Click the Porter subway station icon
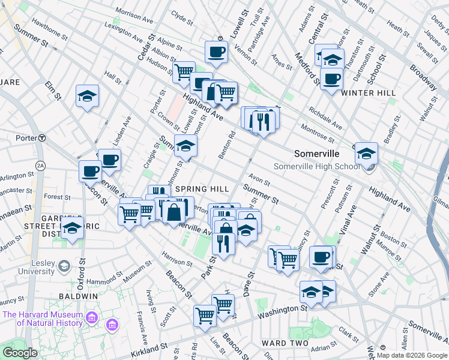42,137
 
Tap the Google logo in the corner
20,353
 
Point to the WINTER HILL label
368,93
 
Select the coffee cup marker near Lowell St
216,52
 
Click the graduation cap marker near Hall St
88,96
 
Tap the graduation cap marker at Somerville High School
366,154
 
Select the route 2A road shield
40,165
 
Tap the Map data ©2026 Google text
412,355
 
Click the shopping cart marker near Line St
205,314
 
